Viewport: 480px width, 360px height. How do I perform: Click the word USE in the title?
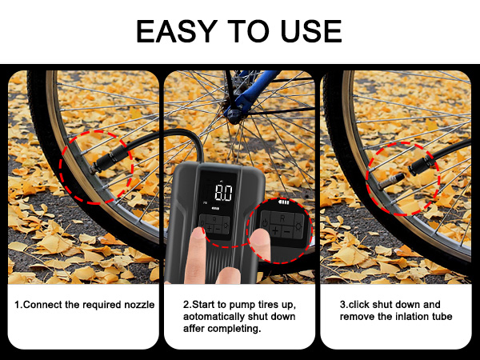point(310,31)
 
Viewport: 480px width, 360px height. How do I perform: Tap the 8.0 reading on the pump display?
point(223,194)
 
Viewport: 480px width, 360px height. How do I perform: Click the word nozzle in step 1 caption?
point(137,305)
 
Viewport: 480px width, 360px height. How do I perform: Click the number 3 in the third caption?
point(342,305)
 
